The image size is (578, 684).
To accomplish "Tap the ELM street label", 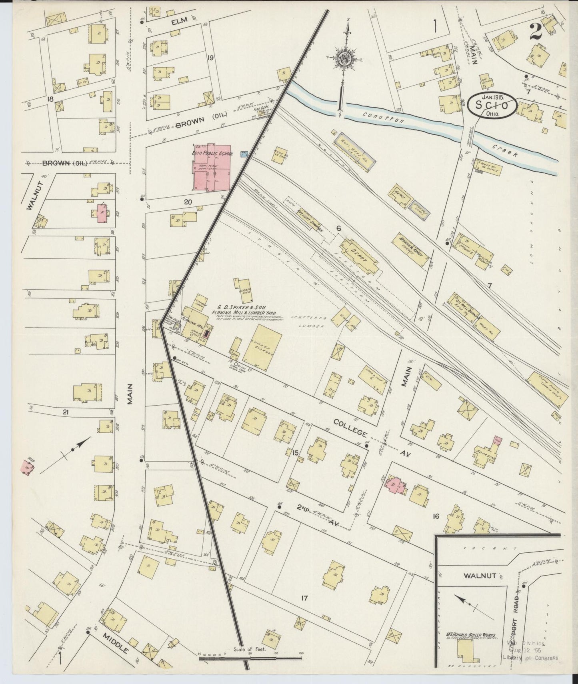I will (x=176, y=23).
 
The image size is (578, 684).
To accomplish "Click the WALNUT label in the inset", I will (x=480, y=576).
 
